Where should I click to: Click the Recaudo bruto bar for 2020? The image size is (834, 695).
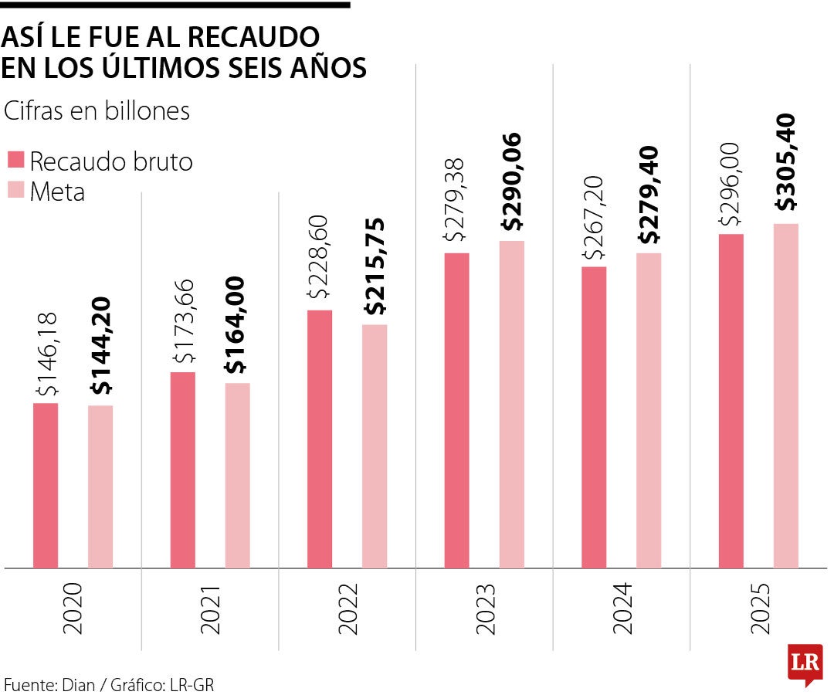(x=46, y=485)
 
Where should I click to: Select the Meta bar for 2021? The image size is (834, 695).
(x=238, y=475)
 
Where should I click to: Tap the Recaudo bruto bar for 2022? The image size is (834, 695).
(x=320, y=439)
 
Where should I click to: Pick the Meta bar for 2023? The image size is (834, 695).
(x=511, y=404)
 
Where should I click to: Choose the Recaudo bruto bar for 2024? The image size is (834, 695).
(x=594, y=417)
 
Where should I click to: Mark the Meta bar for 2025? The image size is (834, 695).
(x=785, y=395)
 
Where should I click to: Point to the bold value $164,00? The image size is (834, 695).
(x=237, y=325)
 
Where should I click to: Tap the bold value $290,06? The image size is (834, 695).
(x=511, y=182)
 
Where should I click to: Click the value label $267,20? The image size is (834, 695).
(x=594, y=215)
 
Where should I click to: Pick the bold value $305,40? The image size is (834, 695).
(x=785, y=162)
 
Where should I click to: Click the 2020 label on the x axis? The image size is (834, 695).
(x=73, y=608)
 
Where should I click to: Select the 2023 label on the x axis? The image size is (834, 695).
(x=485, y=608)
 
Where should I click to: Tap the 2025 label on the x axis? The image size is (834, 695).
(x=759, y=608)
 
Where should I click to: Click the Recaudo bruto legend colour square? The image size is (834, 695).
(x=16, y=161)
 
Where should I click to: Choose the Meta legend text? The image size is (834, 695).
(x=57, y=191)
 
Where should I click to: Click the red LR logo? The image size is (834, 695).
(x=804, y=663)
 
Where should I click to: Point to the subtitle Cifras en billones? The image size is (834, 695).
(x=97, y=111)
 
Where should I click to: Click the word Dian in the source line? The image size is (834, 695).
(x=80, y=683)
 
